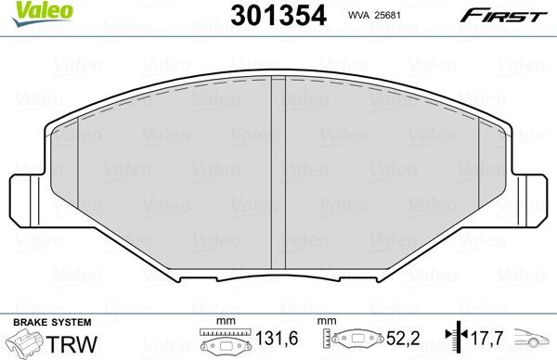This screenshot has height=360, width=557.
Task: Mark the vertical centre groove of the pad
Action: pyautogui.click(x=277, y=176)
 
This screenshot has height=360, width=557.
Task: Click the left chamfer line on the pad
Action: pyautogui.click(x=80, y=186)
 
